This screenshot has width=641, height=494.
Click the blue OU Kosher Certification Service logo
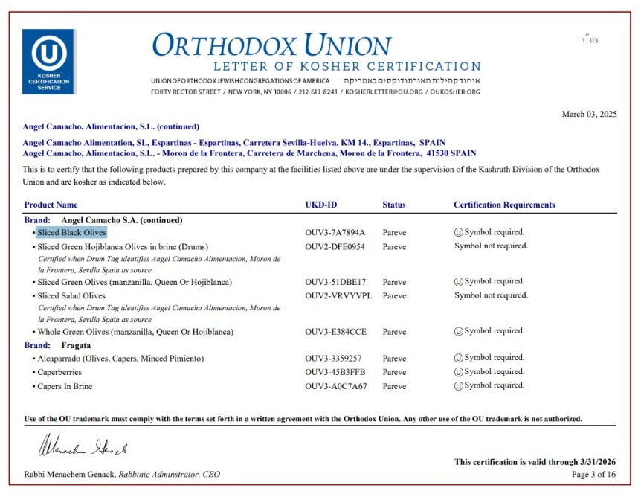(48, 61)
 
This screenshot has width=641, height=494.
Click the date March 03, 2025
(589, 114)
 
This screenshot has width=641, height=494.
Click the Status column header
(394, 205)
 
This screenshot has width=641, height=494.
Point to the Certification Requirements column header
(504, 205)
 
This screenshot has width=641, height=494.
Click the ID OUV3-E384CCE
(335, 331)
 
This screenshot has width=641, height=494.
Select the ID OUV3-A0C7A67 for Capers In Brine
(335, 386)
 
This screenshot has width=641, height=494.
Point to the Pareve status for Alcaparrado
(394, 358)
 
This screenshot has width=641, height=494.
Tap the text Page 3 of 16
(594, 474)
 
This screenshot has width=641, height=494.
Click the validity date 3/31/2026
(596, 462)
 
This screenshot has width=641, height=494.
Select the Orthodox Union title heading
(271, 45)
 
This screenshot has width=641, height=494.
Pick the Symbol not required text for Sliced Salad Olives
(491, 295)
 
